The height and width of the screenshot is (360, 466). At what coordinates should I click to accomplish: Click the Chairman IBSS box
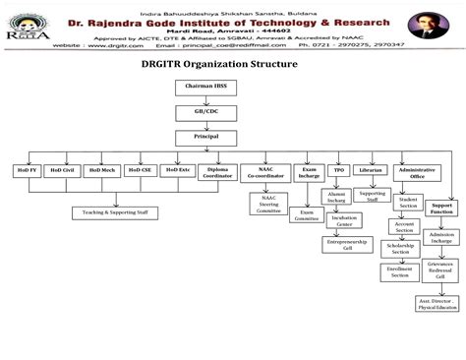[x=206, y=88]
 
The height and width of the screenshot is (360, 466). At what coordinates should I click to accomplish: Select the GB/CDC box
[x=205, y=111]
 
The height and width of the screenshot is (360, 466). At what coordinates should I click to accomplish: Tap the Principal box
[x=205, y=136]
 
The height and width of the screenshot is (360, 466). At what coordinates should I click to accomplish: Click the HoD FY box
[x=28, y=170]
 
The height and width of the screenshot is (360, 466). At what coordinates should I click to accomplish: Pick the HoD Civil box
[x=63, y=170]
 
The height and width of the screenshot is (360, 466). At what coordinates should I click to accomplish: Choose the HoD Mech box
[x=101, y=170]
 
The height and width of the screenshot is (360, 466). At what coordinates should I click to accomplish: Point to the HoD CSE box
[x=140, y=170]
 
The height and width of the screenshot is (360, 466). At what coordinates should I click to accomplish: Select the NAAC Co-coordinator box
[x=265, y=173]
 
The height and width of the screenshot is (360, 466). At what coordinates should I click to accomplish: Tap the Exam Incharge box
[x=309, y=172]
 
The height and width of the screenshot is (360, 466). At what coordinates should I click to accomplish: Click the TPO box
[x=339, y=170]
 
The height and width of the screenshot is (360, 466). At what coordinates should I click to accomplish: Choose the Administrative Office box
[x=416, y=173]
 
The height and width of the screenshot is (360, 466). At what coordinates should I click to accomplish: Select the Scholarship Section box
[x=400, y=249]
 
